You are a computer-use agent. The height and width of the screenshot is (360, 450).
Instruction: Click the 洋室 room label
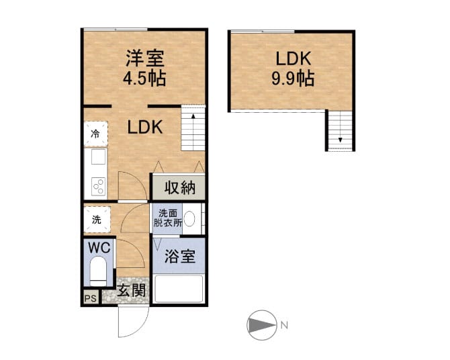pos(145,58)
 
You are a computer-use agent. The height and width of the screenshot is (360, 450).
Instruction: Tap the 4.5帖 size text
pos(144,78)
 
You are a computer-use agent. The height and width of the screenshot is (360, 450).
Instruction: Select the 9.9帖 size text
pos(293,78)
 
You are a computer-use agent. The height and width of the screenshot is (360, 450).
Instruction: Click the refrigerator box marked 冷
pos(96,134)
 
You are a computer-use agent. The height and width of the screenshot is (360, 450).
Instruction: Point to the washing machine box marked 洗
pos(97,220)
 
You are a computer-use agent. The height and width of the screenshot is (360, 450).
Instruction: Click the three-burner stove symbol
pos(99,186)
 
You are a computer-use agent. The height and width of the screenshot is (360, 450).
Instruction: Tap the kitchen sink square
pos(99,156)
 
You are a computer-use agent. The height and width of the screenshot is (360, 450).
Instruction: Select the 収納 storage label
pos(180,188)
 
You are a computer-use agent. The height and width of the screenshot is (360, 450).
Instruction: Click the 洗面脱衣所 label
pos(168,218)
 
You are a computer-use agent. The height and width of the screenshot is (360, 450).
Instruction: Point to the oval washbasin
pos(189,219)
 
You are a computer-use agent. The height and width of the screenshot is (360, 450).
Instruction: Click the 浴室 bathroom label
pos(180,256)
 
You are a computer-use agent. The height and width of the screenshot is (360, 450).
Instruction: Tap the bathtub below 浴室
pos(179,289)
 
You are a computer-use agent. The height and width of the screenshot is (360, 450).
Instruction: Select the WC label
pos(99,247)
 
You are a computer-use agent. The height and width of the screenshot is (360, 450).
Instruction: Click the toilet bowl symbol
pos(98,271)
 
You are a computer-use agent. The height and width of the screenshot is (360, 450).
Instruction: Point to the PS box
pos(91,298)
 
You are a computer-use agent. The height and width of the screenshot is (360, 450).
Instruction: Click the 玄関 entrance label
pos(132,291)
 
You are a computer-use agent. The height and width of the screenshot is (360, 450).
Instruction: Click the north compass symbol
pos(262,325)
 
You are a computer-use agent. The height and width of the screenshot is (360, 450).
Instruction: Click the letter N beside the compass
pos(284,325)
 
